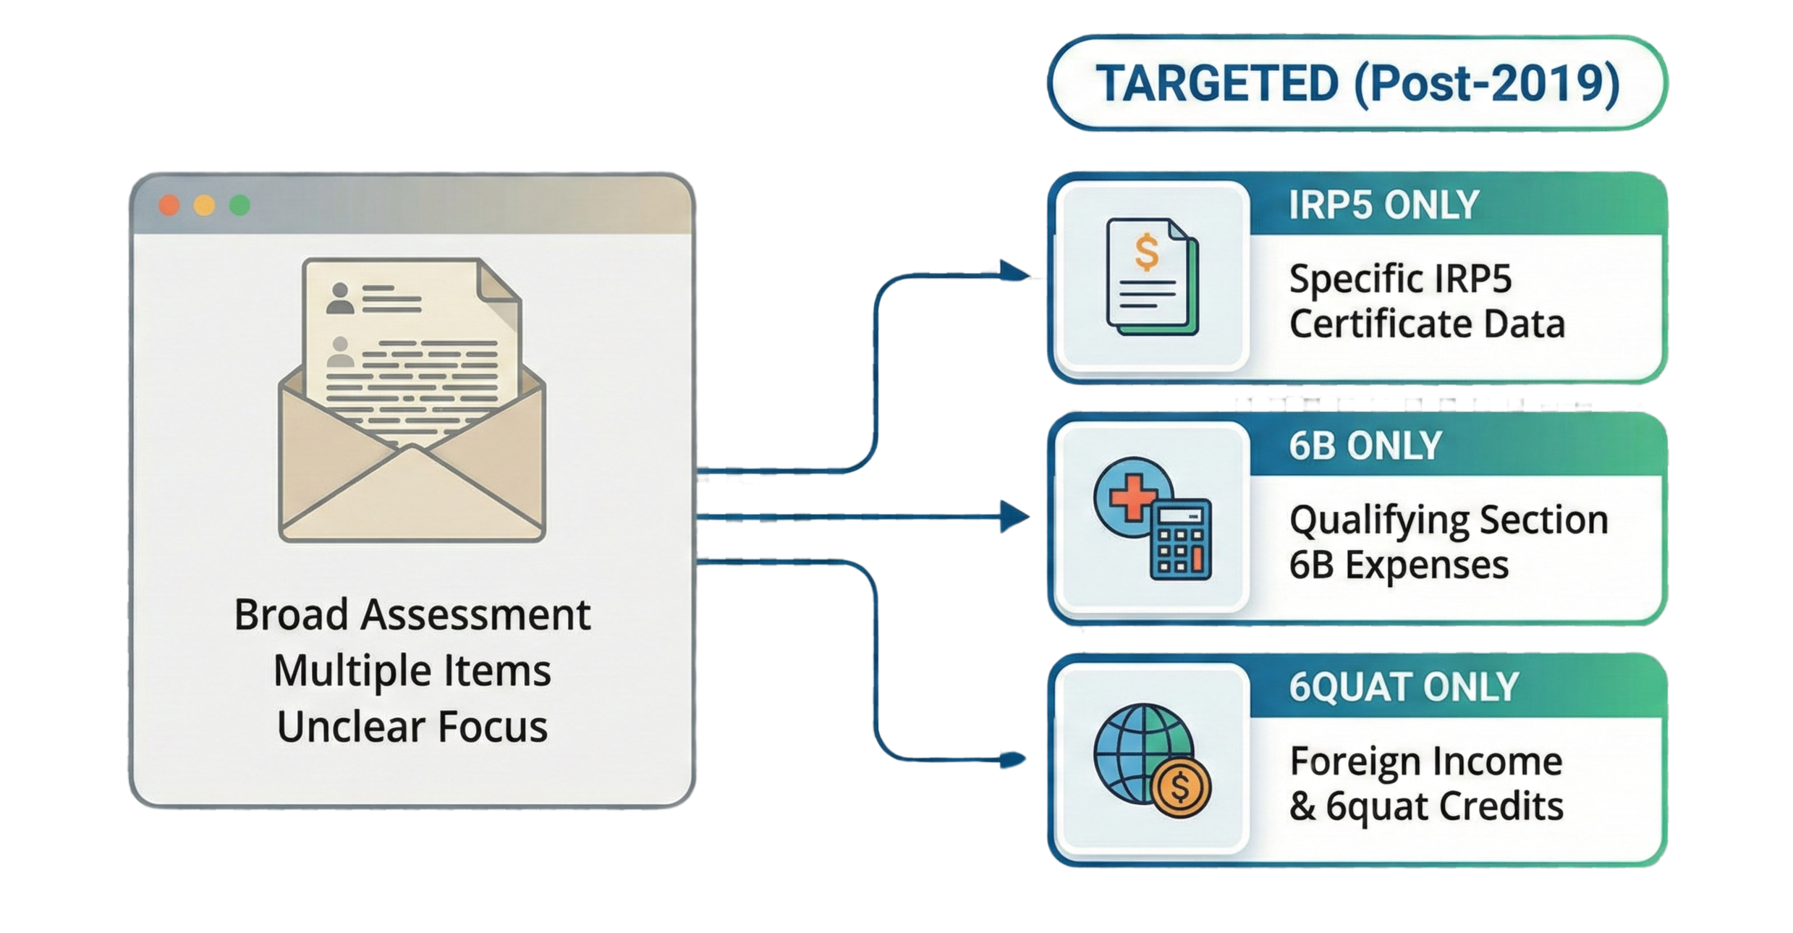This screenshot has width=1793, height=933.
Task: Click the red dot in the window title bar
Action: (169, 206)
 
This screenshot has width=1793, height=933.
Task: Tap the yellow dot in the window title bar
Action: (204, 206)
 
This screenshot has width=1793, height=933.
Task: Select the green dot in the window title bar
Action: (240, 206)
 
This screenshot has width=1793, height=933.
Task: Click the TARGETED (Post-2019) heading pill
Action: (1357, 83)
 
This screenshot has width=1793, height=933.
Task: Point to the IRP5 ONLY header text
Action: (1383, 206)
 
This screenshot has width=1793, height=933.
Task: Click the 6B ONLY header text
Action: (1365, 446)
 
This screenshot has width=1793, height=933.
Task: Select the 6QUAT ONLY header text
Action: (1403, 687)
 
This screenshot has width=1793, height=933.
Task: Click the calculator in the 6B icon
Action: (1181, 539)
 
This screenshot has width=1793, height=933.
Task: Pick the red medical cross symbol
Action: (1130, 497)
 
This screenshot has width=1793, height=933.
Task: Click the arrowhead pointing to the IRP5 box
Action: (1014, 272)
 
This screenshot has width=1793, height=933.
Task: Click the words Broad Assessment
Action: (412, 615)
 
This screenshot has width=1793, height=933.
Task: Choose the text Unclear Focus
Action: (412, 727)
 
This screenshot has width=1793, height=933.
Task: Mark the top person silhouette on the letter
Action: (339, 298)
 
